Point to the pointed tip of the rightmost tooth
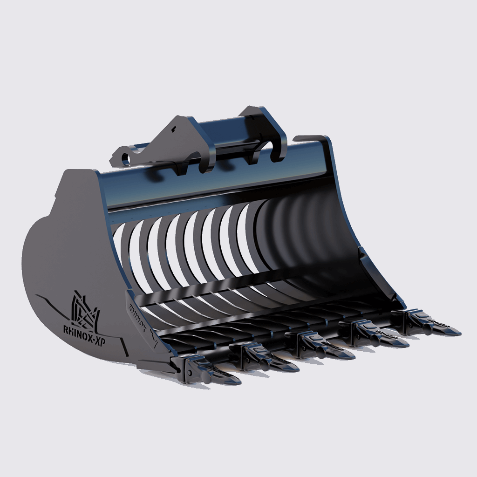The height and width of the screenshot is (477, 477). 459,333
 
